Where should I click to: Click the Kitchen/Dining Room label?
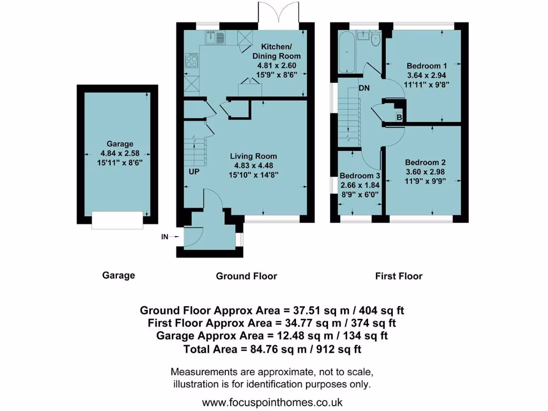[x=277, y=51]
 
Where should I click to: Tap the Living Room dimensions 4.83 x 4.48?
[x=254, y=165]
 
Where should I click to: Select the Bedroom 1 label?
[x=422, y=66]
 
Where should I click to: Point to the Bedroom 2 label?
[x=425, y=163]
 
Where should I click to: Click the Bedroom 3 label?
[x=360, y=176]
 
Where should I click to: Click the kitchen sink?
[x=216, y=37]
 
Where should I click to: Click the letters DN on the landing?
[x=364, y=88]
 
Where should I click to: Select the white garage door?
[x=117, y=220]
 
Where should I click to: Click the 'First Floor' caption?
[x=399, y=276]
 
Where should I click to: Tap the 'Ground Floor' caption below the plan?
[x=246, y=276]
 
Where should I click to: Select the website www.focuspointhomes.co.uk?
[x=272, y=402]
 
